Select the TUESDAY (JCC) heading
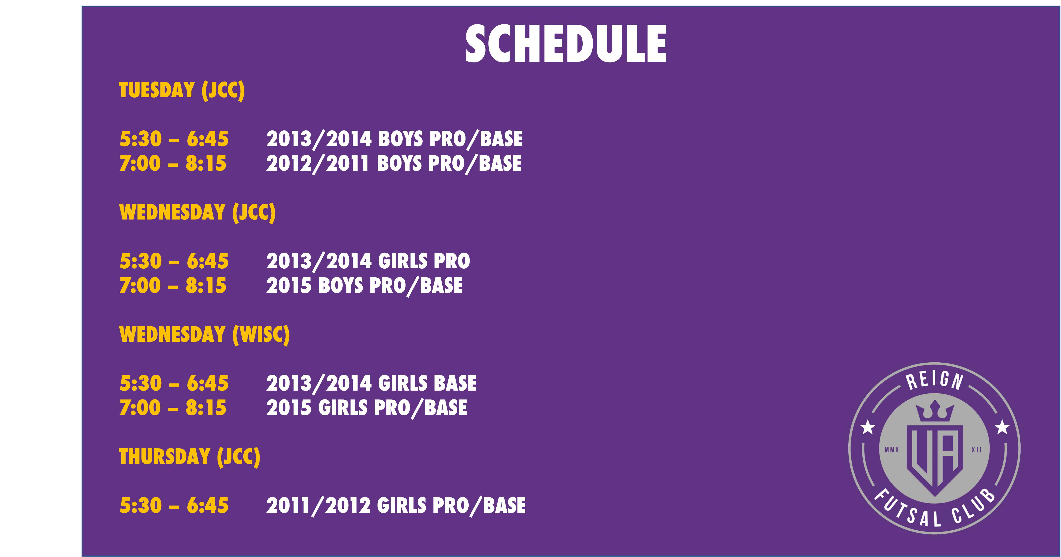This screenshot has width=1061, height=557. point(182,90)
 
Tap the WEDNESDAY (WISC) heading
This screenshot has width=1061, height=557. point(204,335)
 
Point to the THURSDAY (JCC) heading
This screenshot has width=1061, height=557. point(190,457)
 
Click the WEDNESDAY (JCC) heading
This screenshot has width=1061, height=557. point(197,213)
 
